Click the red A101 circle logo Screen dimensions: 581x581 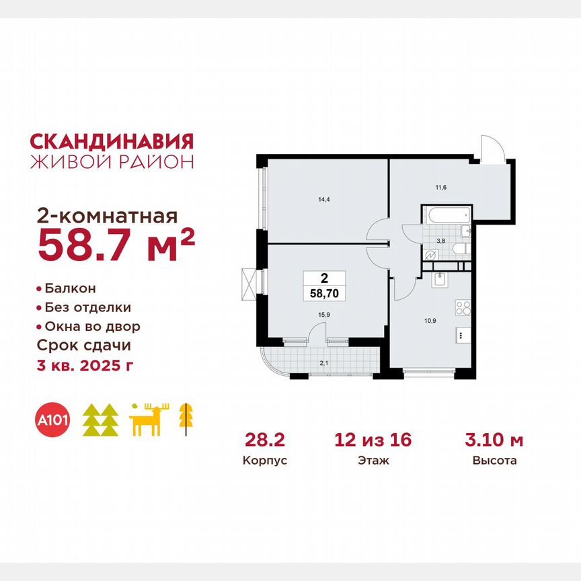[52, 421]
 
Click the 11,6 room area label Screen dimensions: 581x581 [440, 187]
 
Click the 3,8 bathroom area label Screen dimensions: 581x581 [440, 239]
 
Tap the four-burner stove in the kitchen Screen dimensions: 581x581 [463, 308]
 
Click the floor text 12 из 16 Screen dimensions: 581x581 [373, 441]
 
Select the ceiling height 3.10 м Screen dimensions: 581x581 [494, 441]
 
